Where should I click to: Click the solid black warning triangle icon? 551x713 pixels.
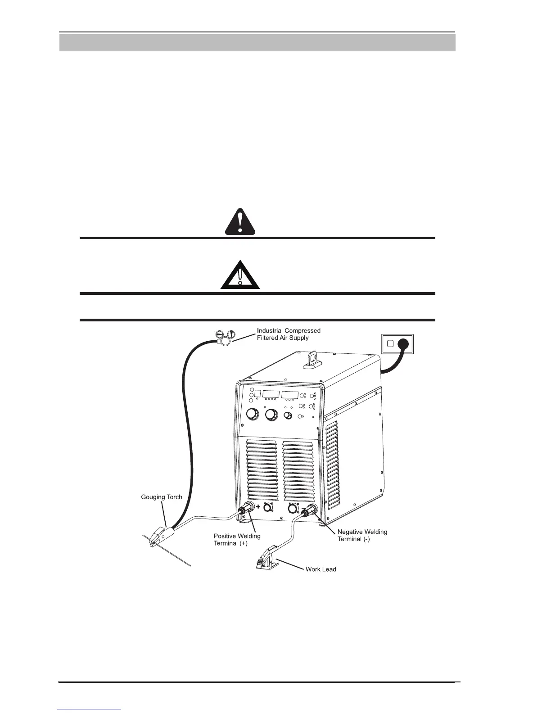(x=239, y=223)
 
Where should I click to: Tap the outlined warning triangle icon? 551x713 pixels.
(x=239, y=275)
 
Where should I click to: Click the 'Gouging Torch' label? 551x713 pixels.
(x=162, y=497)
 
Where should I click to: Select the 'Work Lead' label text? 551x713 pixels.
(x=321, y=569)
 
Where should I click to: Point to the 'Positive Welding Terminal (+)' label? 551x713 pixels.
(x=237, y=539)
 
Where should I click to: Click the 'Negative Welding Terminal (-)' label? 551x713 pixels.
(x=362, y=535)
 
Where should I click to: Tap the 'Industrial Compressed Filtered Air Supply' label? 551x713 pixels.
(x=288, y=334)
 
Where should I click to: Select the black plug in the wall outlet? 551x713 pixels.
(x=402, y=344)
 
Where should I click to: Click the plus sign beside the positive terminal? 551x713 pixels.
(x=259, y=506)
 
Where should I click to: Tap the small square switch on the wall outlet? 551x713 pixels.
(x=390, y=343)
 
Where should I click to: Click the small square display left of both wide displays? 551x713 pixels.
(x=257, y=393)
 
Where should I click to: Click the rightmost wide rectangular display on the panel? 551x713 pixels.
(x=290, y=394)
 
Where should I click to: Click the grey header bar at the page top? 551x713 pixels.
(x=257, y=43)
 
